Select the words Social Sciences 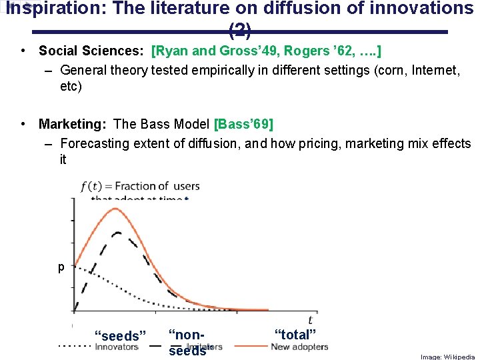pyautogui.click(x=92, y=51)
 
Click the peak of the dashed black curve pyautogui.click(x=117, y=233)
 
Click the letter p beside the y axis pyautogui.click(x=61, y=267)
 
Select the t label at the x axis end pyautogui.click(x=310, y=320)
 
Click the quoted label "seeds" pyautogui.click(x=120, y=336)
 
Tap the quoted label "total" pyautogui.click(x=295, y=334)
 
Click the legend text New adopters pyautogui.click(x=299, y=347)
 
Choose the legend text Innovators pyautogui.click(x=116, y=347)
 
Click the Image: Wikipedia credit pyautogui.click(x=447, y=357)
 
